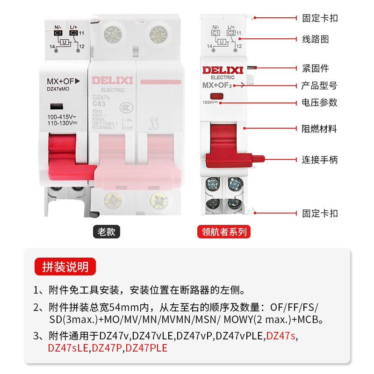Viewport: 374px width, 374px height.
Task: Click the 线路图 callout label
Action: click(316, 39)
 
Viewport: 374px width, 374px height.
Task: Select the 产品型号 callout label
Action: click(319, 86)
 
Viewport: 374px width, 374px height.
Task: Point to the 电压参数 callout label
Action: click(319, 102)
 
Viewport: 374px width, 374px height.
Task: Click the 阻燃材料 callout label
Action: click(319, 129)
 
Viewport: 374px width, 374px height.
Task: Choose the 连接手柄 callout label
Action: click(319, 160)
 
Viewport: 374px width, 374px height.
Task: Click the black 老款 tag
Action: click(107, 231)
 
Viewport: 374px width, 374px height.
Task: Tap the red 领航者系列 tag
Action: click(224, 231)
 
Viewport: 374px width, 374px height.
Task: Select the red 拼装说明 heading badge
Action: click(65, 267)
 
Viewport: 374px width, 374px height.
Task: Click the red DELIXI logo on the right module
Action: click(223, 70)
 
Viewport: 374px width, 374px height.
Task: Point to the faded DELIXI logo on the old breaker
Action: click(112, 80)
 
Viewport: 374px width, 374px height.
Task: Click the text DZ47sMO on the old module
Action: click(58, 88)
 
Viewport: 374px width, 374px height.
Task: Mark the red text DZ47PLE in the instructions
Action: click(147, 348)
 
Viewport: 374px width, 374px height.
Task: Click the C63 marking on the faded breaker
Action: click(99, 104)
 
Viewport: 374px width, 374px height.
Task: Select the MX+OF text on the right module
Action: click(217, 85)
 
